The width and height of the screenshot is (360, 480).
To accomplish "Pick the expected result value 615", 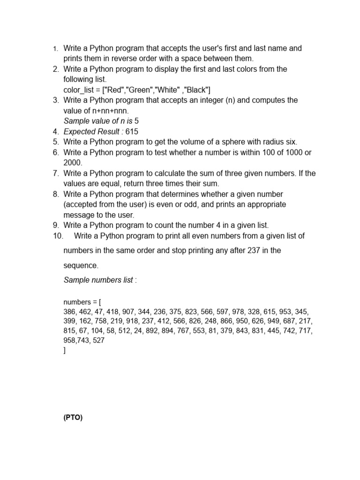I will [132, 132].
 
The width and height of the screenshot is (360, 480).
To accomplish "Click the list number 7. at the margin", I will [55, 173].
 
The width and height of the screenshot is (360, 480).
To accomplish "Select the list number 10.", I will [58, 236].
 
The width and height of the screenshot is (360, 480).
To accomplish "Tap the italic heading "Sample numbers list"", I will [98, 280].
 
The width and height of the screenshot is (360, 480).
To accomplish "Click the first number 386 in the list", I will [69, 312].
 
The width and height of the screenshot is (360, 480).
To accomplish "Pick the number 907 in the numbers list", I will [128, 312].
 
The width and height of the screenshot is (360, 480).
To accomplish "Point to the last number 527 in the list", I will [99, 341].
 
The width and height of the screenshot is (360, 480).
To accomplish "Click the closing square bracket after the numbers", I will [65, 350].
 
